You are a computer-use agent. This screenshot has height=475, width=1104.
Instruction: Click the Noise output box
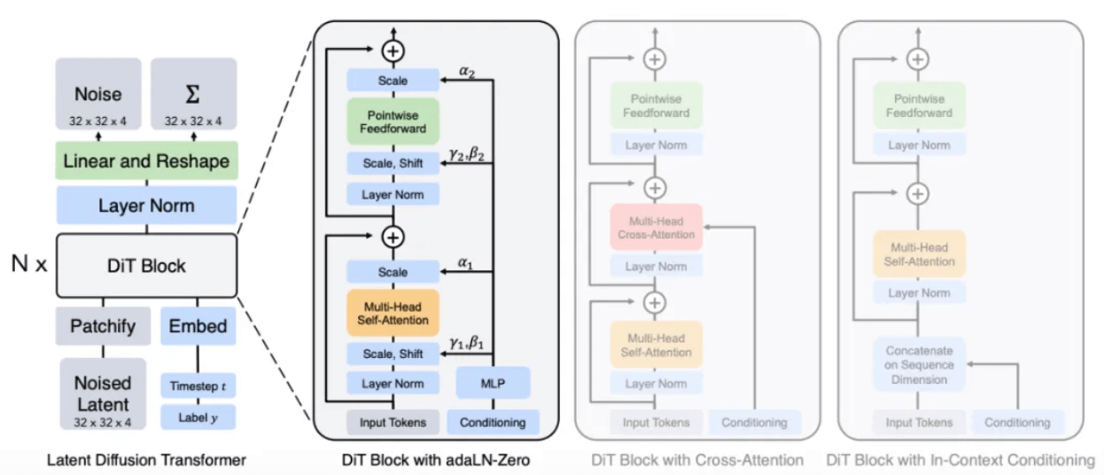[x=98, y=94]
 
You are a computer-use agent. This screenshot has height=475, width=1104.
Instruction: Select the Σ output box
[x=194, y=94]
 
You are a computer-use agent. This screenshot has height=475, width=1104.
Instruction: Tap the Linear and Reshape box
[x=146, y=160]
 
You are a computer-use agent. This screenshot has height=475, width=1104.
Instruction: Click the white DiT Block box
[x=147, y=266]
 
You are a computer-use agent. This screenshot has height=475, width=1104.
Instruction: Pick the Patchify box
[x=103, y=326]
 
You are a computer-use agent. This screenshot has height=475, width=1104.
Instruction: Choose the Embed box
[x=198, y=326]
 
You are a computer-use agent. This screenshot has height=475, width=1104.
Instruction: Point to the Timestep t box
[x=198, y=385]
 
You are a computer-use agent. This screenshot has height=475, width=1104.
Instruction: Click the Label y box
[x=198, y=417]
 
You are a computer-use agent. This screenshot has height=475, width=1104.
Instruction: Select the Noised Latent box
[x=103, y=394]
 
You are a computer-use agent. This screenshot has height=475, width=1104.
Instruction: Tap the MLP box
[x=493, y=383]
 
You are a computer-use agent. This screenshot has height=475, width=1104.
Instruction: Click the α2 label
[x=467, y=72]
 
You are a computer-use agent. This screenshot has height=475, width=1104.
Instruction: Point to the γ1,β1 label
[x=466, y=342]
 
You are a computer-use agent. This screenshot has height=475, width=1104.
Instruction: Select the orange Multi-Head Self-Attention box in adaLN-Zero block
[x=393, y=314]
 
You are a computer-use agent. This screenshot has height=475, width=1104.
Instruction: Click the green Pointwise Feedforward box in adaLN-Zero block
[x=393, y=121]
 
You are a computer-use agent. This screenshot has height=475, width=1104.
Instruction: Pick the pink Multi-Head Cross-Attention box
[x=656, y=228]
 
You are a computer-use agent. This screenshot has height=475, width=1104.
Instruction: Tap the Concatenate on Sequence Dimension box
[x=919, y=364]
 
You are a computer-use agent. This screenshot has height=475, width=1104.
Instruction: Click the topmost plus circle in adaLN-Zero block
[x=393, y=51]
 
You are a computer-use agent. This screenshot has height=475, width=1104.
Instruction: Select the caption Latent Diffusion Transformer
[x=146, y=460]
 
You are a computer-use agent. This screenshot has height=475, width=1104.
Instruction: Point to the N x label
[x=29, y=264]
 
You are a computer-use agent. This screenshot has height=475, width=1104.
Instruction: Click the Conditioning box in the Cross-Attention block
[x=755, y=423]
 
